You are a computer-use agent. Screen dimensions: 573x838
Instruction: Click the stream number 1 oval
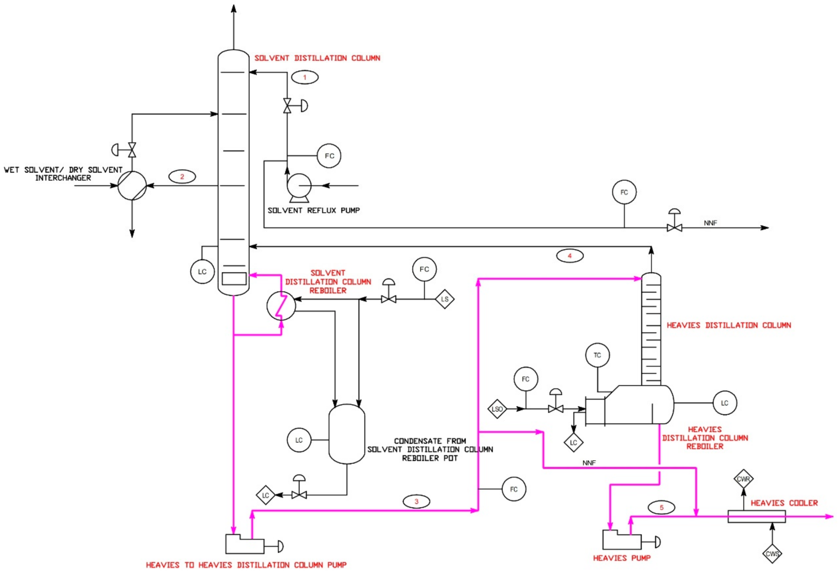click(305, 78)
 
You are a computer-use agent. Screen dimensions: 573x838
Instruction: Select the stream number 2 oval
click(182, 177)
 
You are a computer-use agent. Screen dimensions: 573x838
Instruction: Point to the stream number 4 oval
click(570, 256)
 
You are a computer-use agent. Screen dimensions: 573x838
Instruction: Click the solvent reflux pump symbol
click(299, 186)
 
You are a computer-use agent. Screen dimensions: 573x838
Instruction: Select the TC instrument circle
click(597, 355)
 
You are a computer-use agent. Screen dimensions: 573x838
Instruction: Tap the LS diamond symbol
click(445, 299)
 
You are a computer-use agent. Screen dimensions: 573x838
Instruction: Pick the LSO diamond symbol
click(497, 409)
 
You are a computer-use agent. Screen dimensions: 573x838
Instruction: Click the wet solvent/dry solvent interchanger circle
click(132, 186)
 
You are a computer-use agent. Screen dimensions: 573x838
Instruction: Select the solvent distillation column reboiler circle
click(281, 306)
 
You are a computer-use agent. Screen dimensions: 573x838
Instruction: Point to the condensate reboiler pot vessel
click(347, 434)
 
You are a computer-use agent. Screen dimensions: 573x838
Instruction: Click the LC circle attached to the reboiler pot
click(299, 440)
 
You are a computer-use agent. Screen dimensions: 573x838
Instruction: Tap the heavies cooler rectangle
click(757, 516)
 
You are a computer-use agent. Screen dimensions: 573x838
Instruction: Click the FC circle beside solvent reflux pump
click(329, 156)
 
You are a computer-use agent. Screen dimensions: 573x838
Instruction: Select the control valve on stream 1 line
click(287, 106)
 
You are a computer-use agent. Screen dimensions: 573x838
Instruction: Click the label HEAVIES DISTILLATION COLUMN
click(729, 325)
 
